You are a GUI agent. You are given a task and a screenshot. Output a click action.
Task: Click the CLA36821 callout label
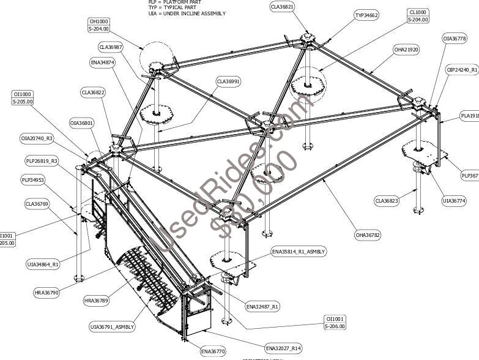click(x=283, y=7)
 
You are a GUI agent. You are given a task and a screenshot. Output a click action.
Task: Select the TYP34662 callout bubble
click(x=366, y=15)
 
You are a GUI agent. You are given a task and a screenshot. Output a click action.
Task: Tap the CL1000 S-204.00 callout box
click(x=418, y=15)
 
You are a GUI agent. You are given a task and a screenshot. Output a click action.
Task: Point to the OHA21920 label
click(x=406, y=50)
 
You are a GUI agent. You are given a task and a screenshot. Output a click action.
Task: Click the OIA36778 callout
click(x=455, y=39)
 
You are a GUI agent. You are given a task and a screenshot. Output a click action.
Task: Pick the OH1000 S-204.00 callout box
click(x=98, y=25)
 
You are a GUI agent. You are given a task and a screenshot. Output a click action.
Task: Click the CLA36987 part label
click(x=111, y=47)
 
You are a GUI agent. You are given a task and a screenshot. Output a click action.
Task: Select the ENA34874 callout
click(x=102, y=62)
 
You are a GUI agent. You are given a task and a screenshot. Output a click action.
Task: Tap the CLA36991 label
click(x=228, y=81)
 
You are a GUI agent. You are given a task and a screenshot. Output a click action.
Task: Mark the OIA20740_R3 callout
click(x=37, y=138)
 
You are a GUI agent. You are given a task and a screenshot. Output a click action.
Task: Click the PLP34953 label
click(x=32, y=180)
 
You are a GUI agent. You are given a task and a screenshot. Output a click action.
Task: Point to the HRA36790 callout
click(x=46, y=293)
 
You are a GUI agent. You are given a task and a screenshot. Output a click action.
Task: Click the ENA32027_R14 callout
click(x=283, y=348)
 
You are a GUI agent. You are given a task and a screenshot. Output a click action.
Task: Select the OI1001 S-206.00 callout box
click(x=335, y=323)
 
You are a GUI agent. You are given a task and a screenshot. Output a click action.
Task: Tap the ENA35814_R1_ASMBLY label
click(x=299, y=252)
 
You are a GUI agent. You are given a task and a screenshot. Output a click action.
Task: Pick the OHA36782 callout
click(x=368, y=234)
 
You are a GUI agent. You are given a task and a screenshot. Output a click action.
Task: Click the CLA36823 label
click(x=387, y=200)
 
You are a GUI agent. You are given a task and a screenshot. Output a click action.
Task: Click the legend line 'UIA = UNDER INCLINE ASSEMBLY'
click(x=187, y=13)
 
